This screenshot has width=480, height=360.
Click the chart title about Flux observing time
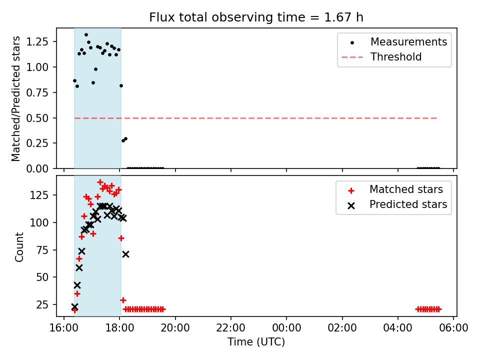pyautogui.click(x=256, y=17)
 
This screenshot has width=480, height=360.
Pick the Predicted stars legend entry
pyautogui.click(x=408, y=204)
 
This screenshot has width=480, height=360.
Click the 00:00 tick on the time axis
pyautogui.click(x=286, y=327)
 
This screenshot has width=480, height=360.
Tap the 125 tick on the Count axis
pyautogui.click(x=43, y=195)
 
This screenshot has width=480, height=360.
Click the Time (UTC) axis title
pyautogui.click(x=256, y=342)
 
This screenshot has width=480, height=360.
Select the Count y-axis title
pyautogui.click(x=19, y=246)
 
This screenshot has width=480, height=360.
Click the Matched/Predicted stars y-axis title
pyautogui.click(x=16, y=98)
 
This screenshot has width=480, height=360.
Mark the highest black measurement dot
pyautogui.click(x=86, y=35)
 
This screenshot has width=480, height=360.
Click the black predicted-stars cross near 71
pyautogui.click(x=125, y=254)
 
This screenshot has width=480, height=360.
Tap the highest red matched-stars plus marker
pyautogui.click(x=100, y=182)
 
